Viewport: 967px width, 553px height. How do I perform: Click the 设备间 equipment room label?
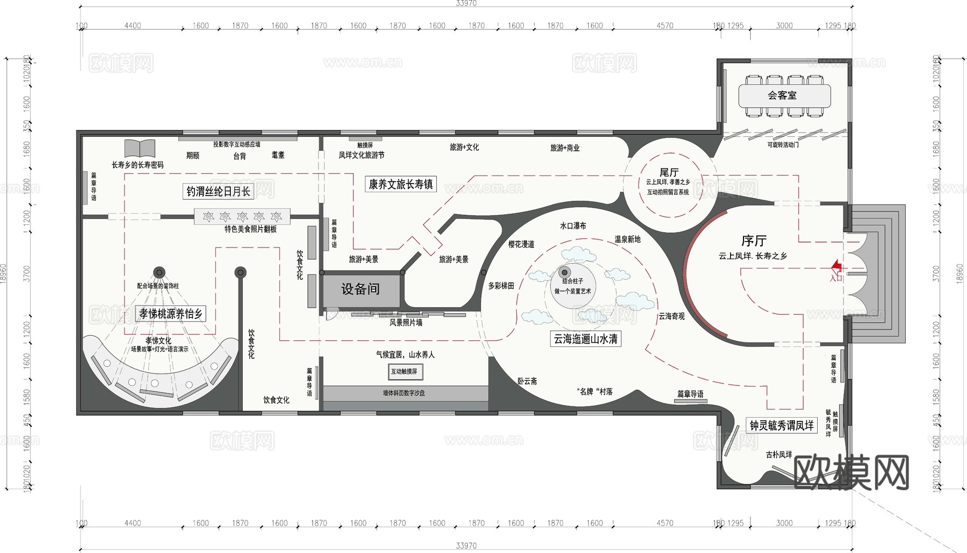pyautogui.click(x=360, y=289)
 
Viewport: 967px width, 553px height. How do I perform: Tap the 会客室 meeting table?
pyautogui.click(x=784, y=96)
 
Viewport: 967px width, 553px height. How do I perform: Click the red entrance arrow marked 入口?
pyautogui.click(x=836, y=266)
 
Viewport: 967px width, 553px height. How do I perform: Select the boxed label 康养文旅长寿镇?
pyautogui.click(x=401, y=184)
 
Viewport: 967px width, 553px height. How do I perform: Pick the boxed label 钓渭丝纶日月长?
pyautogui.click(x=219, y=191)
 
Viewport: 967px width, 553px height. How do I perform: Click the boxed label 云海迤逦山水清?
pyautogui.click(x=586, y=339)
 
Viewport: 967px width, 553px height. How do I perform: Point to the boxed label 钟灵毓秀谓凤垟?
pyautogui.click(x=782, y=426)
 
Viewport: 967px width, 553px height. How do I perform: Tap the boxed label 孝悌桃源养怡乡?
pyautogui.click(x=171, y=314)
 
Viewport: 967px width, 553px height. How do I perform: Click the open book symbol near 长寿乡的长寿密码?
pyautogui.click(x=140, y=149)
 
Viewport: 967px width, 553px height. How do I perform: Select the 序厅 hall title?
pyautogui.click(x=754, y=241)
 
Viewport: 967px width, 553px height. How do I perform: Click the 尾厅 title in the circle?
pyautogui.click(x=669, y=172)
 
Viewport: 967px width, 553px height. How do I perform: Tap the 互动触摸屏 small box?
pyautogui.click(x=405, y=372)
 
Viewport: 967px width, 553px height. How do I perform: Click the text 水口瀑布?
pyautogui.click(x=573, y=226)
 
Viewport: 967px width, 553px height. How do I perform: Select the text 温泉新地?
pyautogui.click(x=627, y=239)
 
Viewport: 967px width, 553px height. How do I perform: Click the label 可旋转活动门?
pyautogui.click(x=783, y=145)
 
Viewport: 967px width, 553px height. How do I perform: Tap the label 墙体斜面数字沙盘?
pyautogui.click(x=403, y=393)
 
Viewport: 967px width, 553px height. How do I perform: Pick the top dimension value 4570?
pyautogui.click(x=665, y=26)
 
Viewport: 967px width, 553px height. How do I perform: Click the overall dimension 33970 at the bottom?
pyautogui.click(x=466, y=545)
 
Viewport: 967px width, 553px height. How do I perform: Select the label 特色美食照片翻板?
pyautogui.click(x=250, y=229)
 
